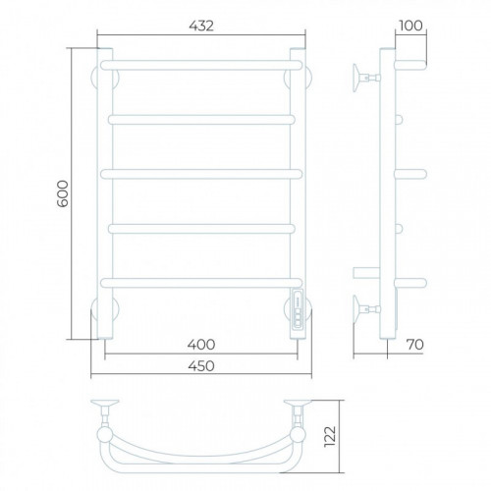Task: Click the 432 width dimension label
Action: click(x=201, y=26)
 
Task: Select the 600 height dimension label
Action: click(x=63, y=193)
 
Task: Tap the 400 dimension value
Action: click(x=201, y=345)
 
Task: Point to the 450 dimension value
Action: click(x=201, y=365)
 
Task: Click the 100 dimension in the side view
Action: click(x=410, y=26)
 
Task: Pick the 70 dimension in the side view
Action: click(x=415, y=345)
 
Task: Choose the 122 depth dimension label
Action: click(x=330, y=436)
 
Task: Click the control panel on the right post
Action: click(x=298, y=308)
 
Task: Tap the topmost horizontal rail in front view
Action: click(x=201, y=65)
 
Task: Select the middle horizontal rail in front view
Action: click(x=201, y=174)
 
